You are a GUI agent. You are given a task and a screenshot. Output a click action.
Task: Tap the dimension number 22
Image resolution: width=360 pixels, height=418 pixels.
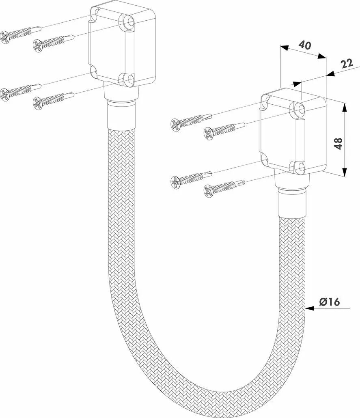(x=347, y=63)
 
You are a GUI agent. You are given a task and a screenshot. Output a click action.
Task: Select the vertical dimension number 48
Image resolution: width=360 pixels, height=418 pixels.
(x=338, y=143)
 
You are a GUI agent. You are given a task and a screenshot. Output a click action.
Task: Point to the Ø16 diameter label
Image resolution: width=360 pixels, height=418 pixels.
(x=330, y=302)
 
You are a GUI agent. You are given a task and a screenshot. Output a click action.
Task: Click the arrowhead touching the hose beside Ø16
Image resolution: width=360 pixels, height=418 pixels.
(x=309, y=308)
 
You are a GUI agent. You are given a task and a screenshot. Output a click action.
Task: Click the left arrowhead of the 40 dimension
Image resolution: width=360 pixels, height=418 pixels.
(x=284, y=48)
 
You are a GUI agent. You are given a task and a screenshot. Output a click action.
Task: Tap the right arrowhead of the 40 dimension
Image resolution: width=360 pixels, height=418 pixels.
(x=322, y=56)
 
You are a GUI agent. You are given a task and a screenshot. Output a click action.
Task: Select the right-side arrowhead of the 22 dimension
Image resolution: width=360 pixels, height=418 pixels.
(x=331, y=73)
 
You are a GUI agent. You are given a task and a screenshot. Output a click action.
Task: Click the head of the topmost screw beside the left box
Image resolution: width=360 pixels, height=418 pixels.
(x=5, y=37)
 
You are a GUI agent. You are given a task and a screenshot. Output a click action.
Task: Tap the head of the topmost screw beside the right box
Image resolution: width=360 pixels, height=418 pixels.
(x=175, y=125)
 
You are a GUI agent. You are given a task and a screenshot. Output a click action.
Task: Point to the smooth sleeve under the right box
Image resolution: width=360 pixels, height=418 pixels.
(x=292, y=203)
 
